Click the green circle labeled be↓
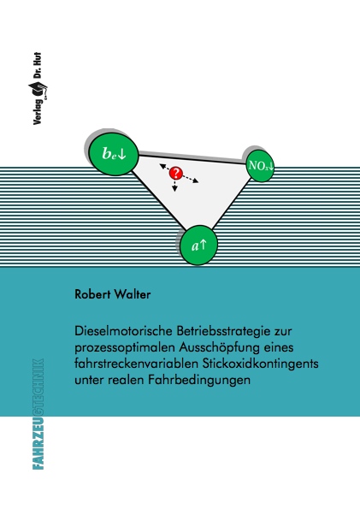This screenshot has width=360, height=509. pos(114,154)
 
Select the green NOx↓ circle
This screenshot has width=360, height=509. pos(261,166)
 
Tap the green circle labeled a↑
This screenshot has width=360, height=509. pos(198,246)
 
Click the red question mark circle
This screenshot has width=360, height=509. pos(176,174)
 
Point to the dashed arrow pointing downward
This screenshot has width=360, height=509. pos(175,186)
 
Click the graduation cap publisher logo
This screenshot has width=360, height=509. pos(38,89)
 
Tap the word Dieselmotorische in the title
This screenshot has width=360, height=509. pos(123,331)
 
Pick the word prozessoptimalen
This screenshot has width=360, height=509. pos(124,348)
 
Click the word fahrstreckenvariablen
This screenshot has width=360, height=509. pos(136,364)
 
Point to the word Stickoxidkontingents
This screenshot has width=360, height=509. pos(260,364)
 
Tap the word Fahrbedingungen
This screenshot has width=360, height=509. pos(199,380)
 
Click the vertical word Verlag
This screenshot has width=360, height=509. pos(38,111)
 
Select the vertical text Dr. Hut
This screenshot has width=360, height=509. pos(38,66)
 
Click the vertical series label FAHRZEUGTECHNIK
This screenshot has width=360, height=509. pos(38,414)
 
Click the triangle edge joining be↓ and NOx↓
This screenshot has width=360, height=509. pos(192,159)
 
